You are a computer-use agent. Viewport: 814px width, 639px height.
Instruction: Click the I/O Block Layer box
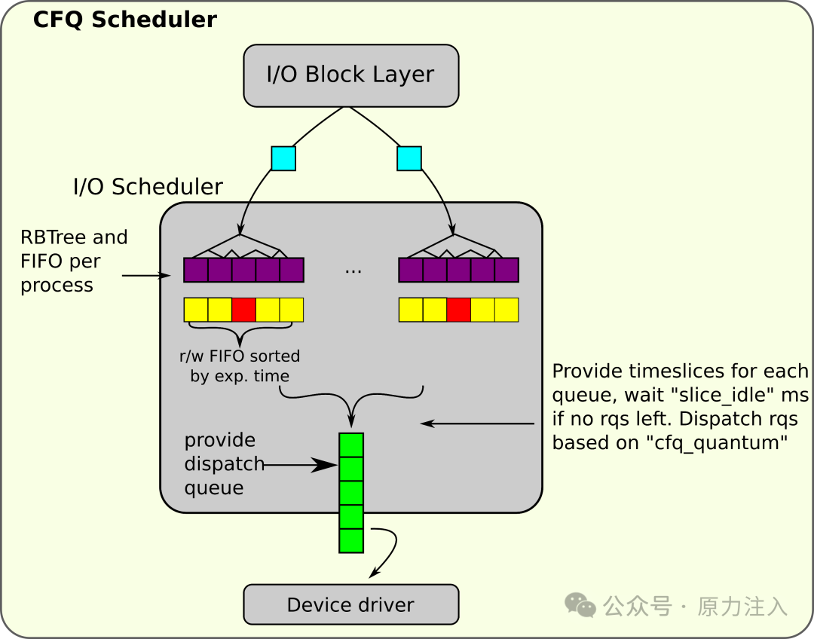(x=351, y=76)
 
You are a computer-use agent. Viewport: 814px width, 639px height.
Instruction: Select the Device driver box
(x=351, y=604)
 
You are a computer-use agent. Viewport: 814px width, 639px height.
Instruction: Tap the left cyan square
(x=283, y=158)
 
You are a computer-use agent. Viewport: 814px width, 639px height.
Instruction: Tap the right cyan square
(x=409, y=158)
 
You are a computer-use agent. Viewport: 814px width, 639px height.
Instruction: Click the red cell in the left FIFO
(x=243, y=310)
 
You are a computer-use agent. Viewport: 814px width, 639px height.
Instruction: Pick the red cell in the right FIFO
(x=458, y=310)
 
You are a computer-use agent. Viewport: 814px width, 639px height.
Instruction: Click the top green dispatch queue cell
(x=351, y=445)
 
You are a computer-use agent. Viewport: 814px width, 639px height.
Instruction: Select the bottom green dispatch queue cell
(x=351, y=540)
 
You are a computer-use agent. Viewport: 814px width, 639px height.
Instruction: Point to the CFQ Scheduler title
(x=124, y=20)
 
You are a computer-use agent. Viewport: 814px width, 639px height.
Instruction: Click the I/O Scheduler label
(x=148, y=187)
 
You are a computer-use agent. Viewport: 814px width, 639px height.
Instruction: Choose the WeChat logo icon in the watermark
(x=580, y=605)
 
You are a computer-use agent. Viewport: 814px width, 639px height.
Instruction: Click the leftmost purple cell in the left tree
(x=196, y=270)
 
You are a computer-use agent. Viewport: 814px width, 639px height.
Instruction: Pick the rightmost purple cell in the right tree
(x=506, y=270)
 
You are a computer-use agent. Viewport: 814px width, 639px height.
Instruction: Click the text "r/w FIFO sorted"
(x=240, y=356)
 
